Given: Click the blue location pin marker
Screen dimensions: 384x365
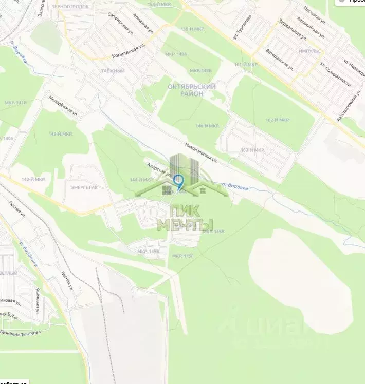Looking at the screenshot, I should pyautogui.click(x=178, y=181).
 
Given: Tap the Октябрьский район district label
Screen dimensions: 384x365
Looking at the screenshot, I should pyautogui.click(x=192, y=90).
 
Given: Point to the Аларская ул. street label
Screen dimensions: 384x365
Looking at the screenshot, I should pyautogui.click(x=158, y=169).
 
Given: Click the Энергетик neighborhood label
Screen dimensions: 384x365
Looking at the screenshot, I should pyautogui.click(x=84, y=187).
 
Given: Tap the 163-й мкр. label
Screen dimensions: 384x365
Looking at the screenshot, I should pyautogui.click(x=252, y=150).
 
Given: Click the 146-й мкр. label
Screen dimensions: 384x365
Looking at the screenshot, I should pyautogui.click(x=207, y=126).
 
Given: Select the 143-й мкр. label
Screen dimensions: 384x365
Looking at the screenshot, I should pyautogui.click(x=61, y=133).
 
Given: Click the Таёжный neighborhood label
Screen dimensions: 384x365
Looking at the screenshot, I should pyautogui.click(x=113, y=71).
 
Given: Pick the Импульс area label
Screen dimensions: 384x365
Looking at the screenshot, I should pyautogui.click(x=309, y=51).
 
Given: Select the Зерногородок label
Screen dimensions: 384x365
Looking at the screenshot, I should pyautogui.click(x=70, y=7).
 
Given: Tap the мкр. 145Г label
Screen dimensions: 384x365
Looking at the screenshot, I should pyautogui.click(x=183, y=256).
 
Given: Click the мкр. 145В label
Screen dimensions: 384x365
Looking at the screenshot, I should pyautogui.click(x=148, y=251).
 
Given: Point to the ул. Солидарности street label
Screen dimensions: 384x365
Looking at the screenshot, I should pyautogui.click(x=335, y=74).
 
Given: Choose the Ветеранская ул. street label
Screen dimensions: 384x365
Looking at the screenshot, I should pyautogui.click(x=280, y=60).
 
